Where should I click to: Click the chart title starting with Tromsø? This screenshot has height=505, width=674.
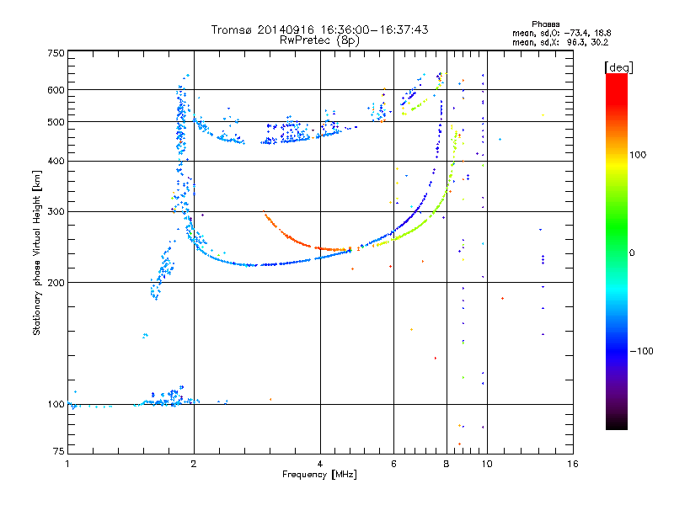click(319, 29)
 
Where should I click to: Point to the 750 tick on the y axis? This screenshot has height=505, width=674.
click(56, 52)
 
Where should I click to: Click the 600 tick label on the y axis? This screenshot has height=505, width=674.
click(56, 90)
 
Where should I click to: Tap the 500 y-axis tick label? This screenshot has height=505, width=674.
click(56, 122)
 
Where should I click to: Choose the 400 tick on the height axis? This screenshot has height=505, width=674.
click(56, 161)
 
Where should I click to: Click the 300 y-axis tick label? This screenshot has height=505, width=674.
click(56, 211)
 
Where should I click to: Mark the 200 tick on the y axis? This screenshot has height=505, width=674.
click(56, 282)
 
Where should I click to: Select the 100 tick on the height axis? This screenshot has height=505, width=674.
click(56, 404)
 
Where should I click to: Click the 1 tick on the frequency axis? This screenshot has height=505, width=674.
click(67, 464)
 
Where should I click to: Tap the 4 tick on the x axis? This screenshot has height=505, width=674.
click(320, 464)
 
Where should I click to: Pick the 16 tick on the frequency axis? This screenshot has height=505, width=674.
click(572, 464)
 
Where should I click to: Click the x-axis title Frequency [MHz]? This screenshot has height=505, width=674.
click(319, 475)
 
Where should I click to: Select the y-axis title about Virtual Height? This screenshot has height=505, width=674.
click(37, 252)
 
